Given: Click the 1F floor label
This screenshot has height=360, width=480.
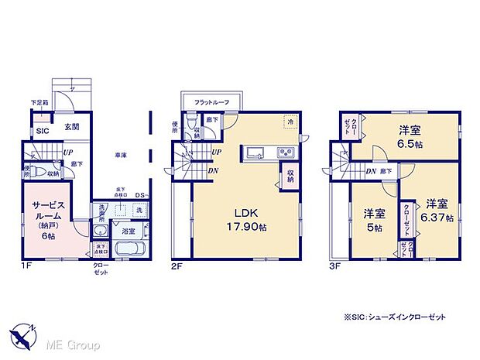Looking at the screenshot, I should click(x=25, y=266).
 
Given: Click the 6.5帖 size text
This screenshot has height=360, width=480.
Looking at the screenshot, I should click(x=410, y=145).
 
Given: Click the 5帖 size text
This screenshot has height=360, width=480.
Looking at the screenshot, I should click(x=373, y=228).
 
